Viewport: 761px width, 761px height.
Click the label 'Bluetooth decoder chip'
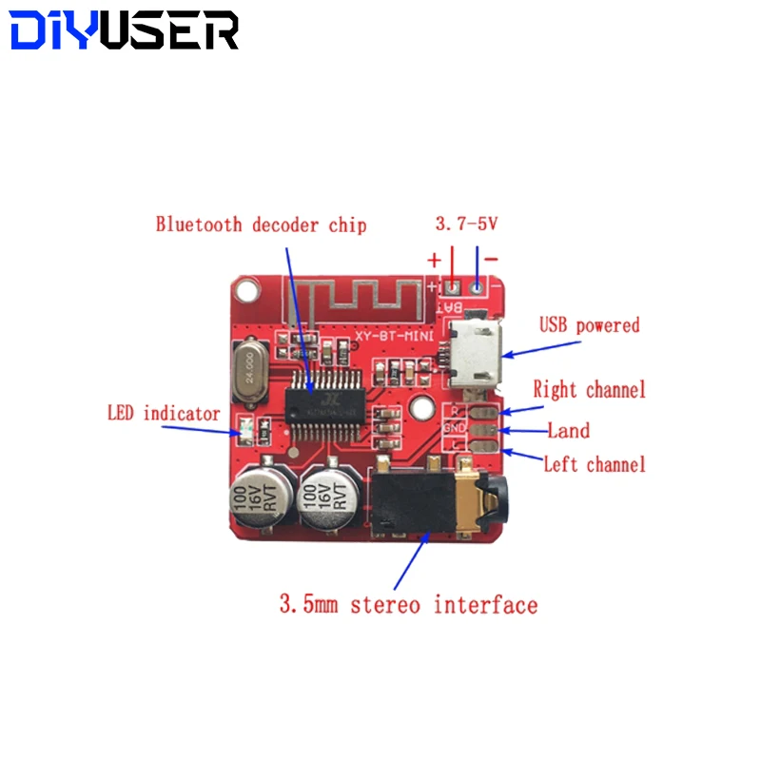[261, 225]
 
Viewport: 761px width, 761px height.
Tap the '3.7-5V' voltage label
[466, 224]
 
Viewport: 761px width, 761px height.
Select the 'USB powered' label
[590, 325]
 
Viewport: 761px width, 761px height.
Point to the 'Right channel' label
[589, 389]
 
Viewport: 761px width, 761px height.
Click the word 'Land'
[568, 431]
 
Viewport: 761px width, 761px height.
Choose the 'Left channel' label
[594, 464]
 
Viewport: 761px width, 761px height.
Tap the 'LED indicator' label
[164, 414]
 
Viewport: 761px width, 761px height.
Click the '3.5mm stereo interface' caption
[407, 604]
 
